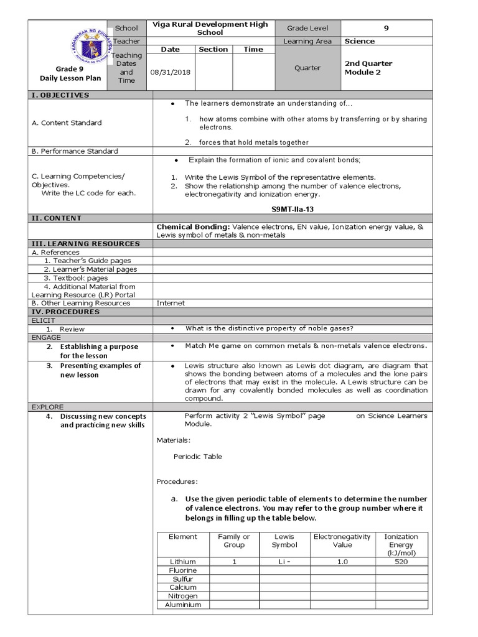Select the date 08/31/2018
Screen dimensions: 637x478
(171, 72)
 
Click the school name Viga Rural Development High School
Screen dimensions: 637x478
(210, 28)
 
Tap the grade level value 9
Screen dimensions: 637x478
(387, 28)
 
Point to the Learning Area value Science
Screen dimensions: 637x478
(360, 41)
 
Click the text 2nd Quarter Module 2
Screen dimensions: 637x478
(368, 68)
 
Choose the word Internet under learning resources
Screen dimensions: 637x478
(171, 303)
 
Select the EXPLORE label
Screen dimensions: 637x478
(47, 407)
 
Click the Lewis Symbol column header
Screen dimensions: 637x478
(284, 541)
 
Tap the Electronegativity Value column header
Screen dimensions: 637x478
(342, 541)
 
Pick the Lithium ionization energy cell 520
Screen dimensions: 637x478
(401, 562)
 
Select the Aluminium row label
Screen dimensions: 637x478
(183, 605)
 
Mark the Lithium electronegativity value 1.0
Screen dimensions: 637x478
(342, 562)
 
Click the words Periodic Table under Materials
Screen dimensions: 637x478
(197, 457)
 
